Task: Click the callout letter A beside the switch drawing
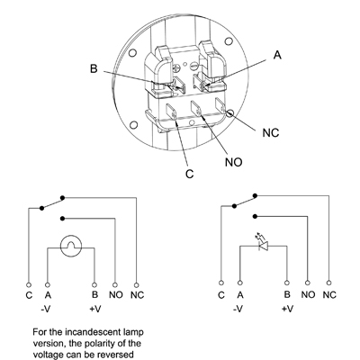[x=278, y=55]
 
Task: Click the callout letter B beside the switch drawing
[x=94, y=68]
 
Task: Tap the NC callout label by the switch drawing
[x=271, y=132]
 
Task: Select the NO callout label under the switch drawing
[x=233, y=162]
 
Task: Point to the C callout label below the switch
[x=190, y=174]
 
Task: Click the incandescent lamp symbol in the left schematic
[x=71, y=246]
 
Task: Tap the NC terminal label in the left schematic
[x=137, y=295]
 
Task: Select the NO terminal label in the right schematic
[x=308, y=295]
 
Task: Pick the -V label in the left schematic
[x=46, y=309]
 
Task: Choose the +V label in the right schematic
[x=288, y=309]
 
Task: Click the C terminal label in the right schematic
[x=221, y=295]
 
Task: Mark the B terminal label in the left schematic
[x=94, y=294]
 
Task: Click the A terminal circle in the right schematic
[x=239, y=283]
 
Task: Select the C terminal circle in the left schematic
[x=29, y=284]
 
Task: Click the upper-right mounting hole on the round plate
[x=229, y=41]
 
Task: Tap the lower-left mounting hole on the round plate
[x=134, y=125]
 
